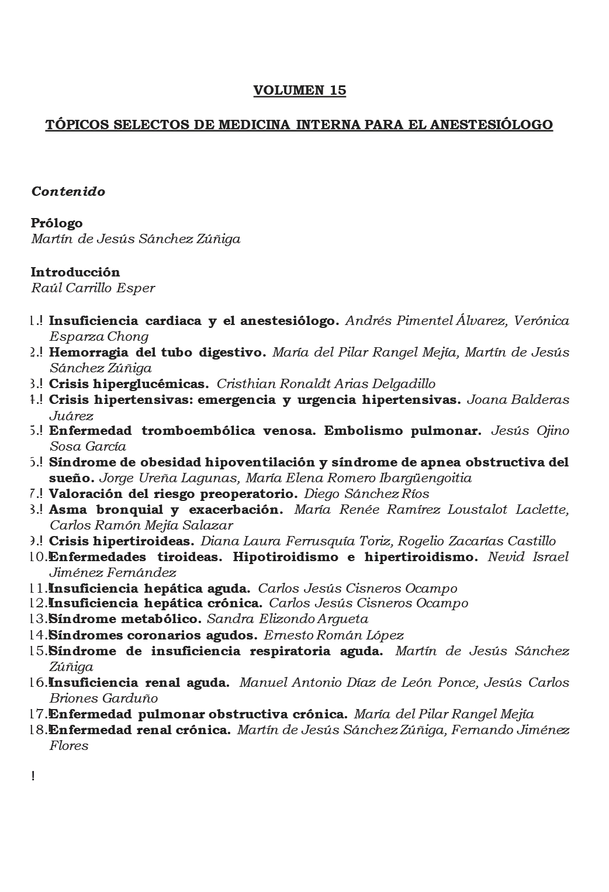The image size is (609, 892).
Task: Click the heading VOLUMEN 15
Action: pos(299,91)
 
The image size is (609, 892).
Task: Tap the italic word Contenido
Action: pos(68,192)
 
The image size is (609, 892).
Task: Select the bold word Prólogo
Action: pos(57,223)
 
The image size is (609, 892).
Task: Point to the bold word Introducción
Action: pos(75,272)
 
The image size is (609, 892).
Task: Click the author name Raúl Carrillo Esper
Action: pos(93,288)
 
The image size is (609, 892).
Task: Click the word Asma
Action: pos(67,510)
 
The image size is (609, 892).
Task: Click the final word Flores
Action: pos(69,746)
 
